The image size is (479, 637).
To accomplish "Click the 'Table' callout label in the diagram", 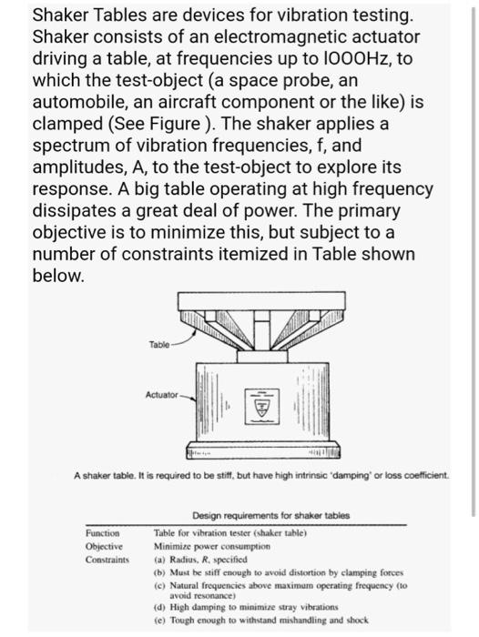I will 160,344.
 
